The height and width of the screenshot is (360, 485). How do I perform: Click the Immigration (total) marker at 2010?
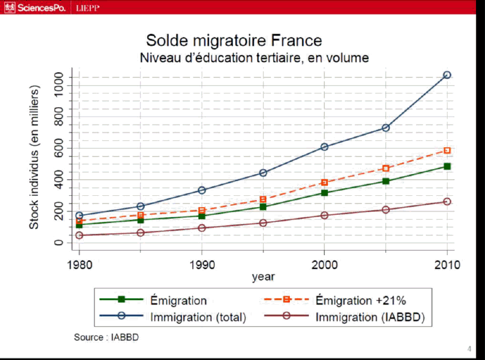[447, 75]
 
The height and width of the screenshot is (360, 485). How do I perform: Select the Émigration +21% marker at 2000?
[324, 183]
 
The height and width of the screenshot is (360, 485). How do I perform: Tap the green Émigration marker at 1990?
[202, 215]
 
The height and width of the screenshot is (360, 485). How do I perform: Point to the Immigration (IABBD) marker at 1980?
[79, 236]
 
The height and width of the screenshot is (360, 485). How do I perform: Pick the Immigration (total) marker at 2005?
[386, 128]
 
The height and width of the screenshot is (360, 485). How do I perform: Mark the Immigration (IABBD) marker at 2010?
[447, 202]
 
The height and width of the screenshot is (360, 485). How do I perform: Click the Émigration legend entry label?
[179, 300]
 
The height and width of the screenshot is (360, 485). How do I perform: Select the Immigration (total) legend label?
[198, 317]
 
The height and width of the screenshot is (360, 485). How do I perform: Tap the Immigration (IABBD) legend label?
[370, 317]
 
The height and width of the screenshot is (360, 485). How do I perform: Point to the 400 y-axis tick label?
[58, 180]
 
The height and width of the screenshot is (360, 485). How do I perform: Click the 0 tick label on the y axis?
[58, 243]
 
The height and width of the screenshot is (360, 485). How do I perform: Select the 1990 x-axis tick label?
[202, 264]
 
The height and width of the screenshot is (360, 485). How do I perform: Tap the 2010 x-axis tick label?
[447, 264]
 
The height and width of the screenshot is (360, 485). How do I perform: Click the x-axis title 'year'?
[263, 277]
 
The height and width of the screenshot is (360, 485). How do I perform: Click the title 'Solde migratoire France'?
[234, 40]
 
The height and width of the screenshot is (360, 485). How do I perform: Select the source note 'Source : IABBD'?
[107, 337]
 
